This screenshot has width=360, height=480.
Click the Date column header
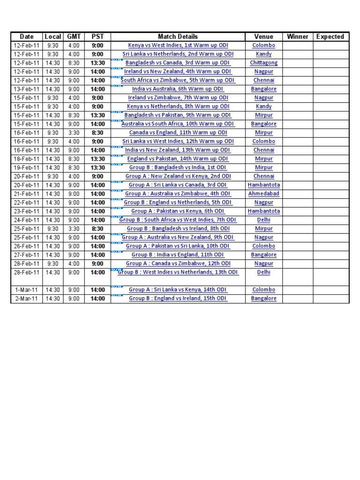tap(27, 37)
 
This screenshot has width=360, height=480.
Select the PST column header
tap(97, 37)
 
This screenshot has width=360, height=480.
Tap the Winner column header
tap(298, 37)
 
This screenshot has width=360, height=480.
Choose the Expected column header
tap(330, 37)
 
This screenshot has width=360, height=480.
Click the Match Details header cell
tap(178, 37)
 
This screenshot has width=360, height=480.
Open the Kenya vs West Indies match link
tap(178, 45)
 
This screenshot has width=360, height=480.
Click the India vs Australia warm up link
tap(178, 89)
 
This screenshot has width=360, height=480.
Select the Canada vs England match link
tap(178, 133)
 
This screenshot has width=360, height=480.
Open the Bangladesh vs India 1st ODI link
tap(178, 167)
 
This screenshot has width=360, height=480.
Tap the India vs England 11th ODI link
tap(178, 255)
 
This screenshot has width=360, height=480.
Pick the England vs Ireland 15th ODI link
tap(178, 298)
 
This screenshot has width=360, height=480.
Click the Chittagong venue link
tap(264, 63)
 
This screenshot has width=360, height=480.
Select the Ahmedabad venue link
tap(264, 194)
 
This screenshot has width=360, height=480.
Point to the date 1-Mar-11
tap(27, 290)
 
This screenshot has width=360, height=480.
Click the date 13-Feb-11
tap(27, 89)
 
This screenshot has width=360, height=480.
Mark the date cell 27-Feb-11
tap(27, 255)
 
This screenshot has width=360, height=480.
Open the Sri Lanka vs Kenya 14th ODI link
tap(178, 290)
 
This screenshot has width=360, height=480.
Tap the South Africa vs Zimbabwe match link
tap(178, 80)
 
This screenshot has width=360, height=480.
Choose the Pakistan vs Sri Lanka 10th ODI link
tap(178, 246)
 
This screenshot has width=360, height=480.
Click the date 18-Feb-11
tap(27, 158)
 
